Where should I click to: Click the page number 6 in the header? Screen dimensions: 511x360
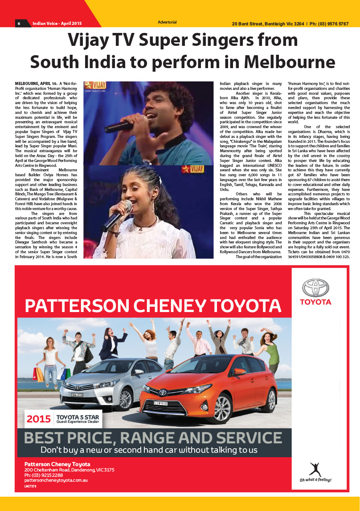pyautogui.click(x=19, y=23)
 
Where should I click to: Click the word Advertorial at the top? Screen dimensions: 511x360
pyautogui.click(x=167, y=22)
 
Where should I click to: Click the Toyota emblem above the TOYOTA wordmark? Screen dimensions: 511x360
pyautogui.click(x=315, y=288)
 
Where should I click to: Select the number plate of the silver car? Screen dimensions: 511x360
pyautogui.click(x=77, y=394)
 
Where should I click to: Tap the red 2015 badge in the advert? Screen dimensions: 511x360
pyautogui.click(x=38, y=418)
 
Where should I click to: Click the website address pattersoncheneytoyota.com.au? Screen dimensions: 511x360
pyautogui.click(x=56, y=481)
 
